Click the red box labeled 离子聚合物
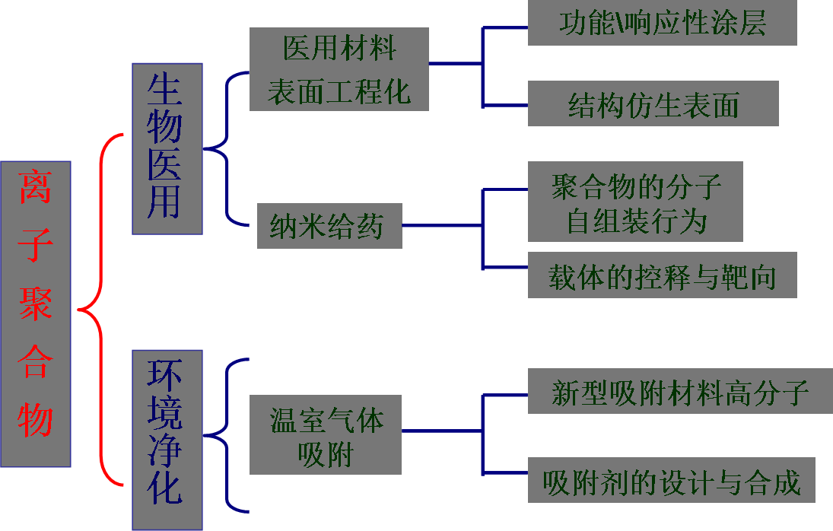pos(36,313)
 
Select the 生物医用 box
pos(167,148)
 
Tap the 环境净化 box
pos(167,439)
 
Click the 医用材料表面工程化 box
pos(339,69)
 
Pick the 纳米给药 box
pos(329,225)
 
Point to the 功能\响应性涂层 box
pos(662,23)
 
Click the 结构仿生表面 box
pos(653,105)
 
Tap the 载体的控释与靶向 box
pos(662,275)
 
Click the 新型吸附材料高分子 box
pos(679,393)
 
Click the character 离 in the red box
pos(36,186)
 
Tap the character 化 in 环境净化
pos(165,487)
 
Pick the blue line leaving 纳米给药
pos(441,225)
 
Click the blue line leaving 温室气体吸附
pos(441,431)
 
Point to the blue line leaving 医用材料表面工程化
pos(455,63)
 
